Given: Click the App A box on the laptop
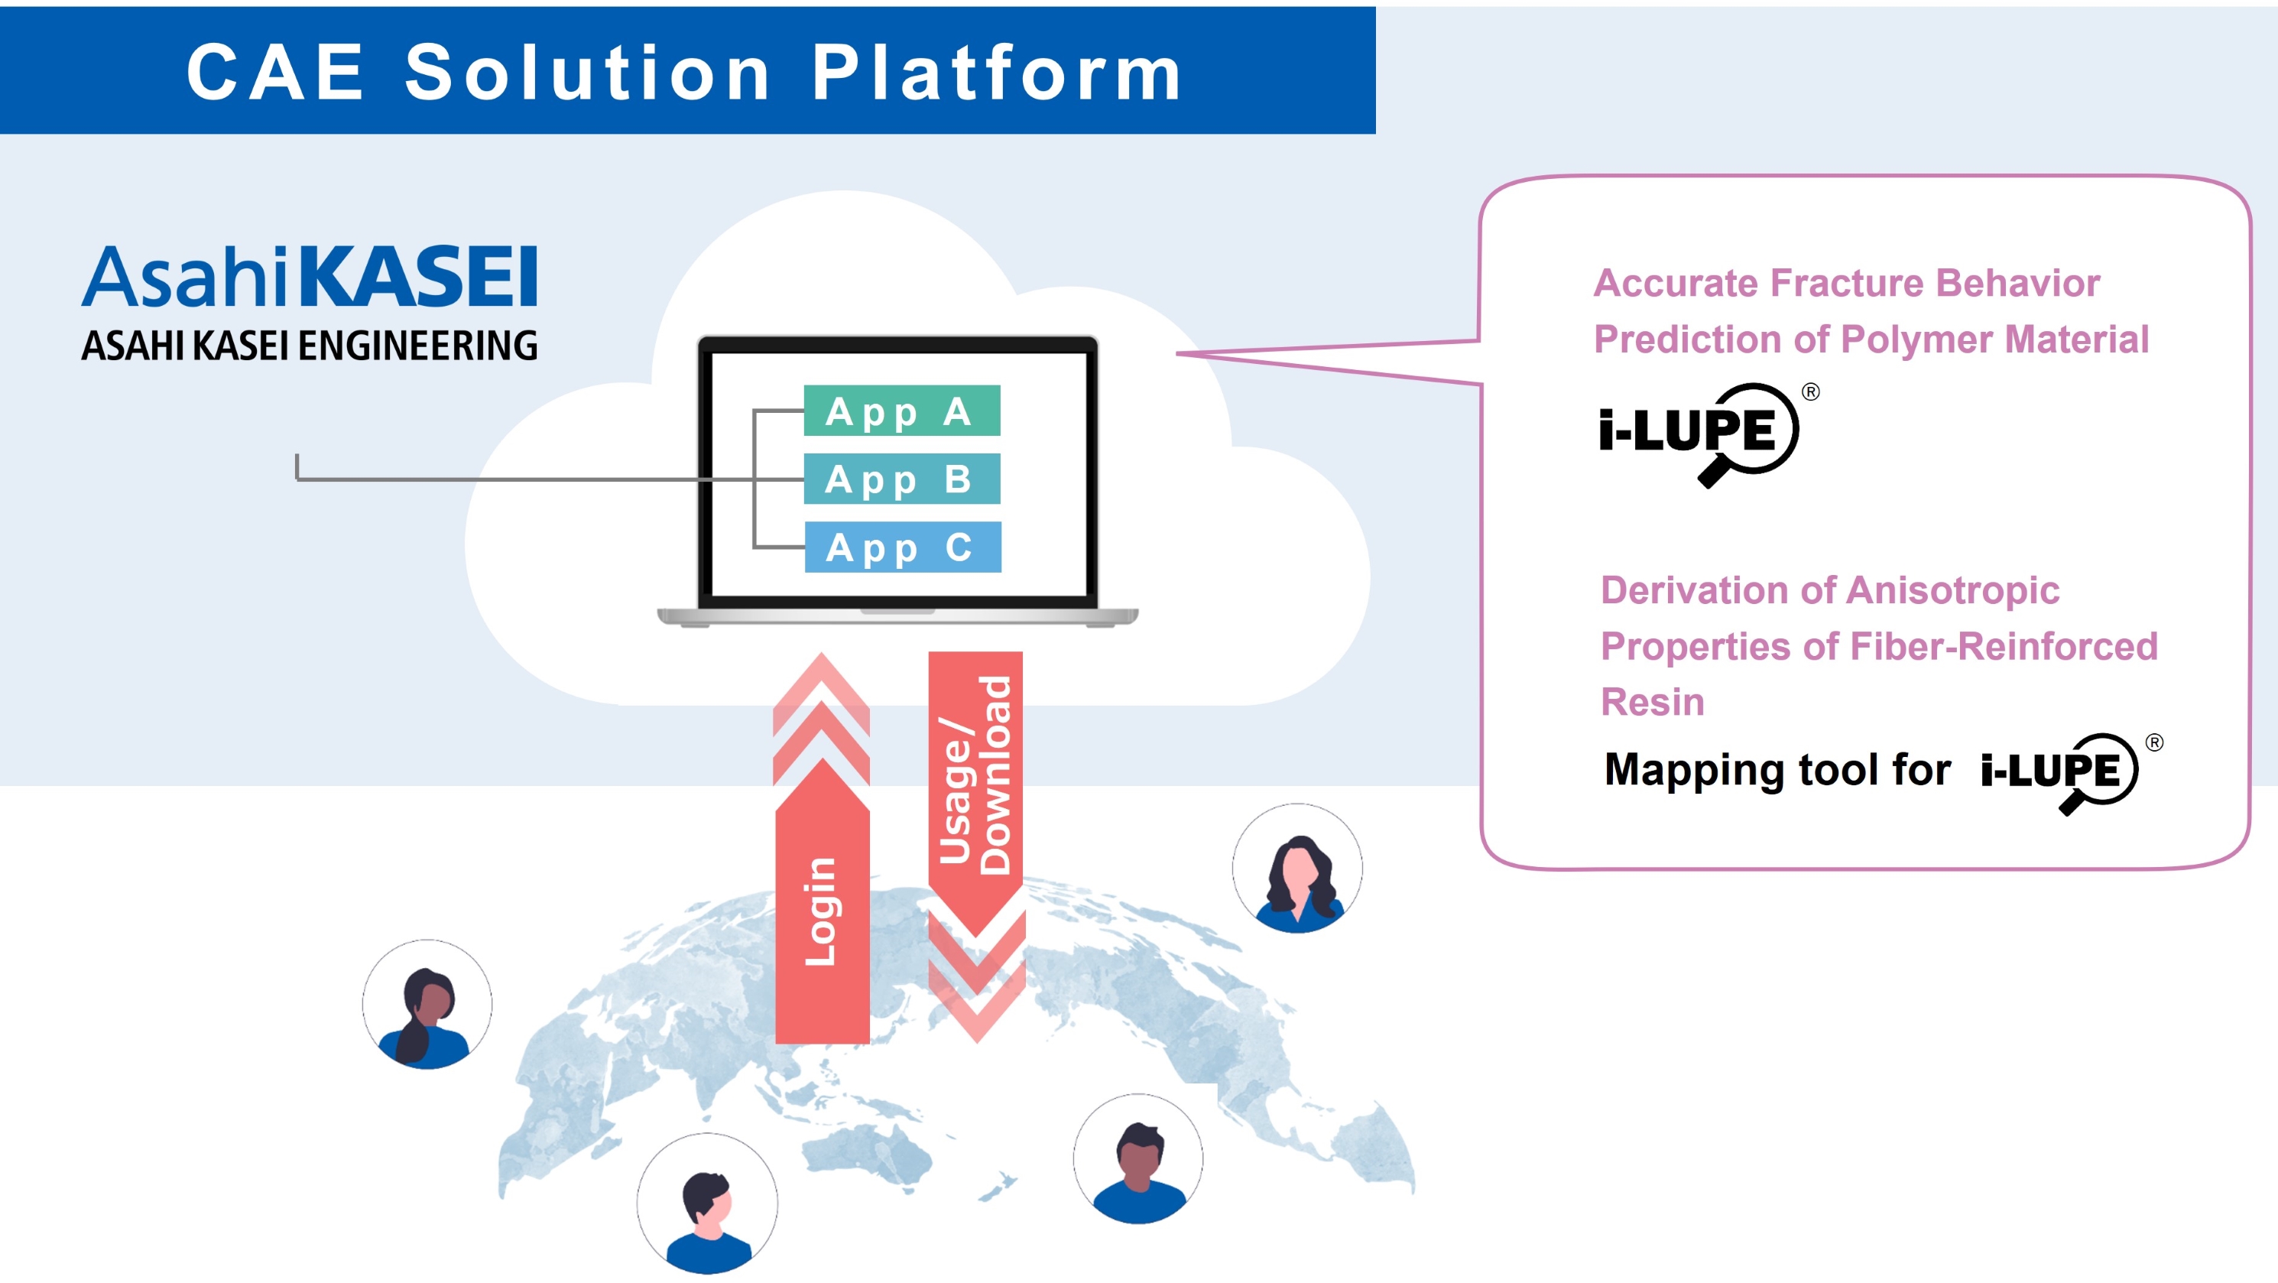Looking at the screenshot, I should pos(901,411).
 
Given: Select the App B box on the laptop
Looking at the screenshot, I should pos(901,479).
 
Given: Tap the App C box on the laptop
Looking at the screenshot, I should pos(902,547).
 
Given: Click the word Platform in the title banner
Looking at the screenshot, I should pos(997,73).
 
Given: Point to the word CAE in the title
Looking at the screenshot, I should pos(275,73).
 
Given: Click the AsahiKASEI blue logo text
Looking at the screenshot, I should pos(310,277).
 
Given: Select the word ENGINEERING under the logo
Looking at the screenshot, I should pos(417,346).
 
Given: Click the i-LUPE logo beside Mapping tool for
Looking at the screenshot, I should pos(2059,771).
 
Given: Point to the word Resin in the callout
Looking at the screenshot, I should pos(1652,702).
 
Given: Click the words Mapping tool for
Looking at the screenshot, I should pos(1777,769).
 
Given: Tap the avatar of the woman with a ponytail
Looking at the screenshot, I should pos(427,1005).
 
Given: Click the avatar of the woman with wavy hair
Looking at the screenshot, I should pos(1297,869).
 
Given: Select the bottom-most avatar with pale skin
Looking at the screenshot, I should pos(707,1203).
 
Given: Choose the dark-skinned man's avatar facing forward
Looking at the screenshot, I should pos(1138,1159).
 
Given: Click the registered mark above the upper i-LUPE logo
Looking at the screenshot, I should pos(1810,391).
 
